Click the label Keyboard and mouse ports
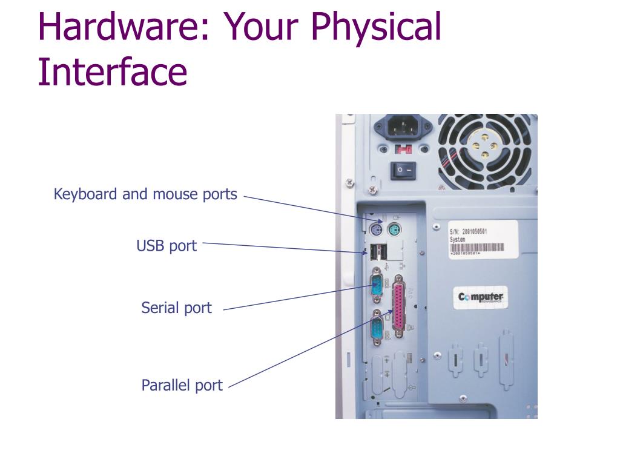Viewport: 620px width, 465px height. (145, 194)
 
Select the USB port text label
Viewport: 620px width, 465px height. (167, 246)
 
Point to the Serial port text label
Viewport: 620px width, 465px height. (176, 308)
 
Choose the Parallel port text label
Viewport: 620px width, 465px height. (182, 385)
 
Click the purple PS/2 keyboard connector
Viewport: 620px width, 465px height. (375, 231)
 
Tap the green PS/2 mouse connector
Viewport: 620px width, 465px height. (394, 230)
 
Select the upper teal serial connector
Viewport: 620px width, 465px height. (377, 284)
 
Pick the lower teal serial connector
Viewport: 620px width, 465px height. (377, 331)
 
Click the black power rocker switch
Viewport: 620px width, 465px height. (403, 170)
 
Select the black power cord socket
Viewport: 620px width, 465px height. (403, 127)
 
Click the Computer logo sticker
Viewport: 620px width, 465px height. (481, 297)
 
